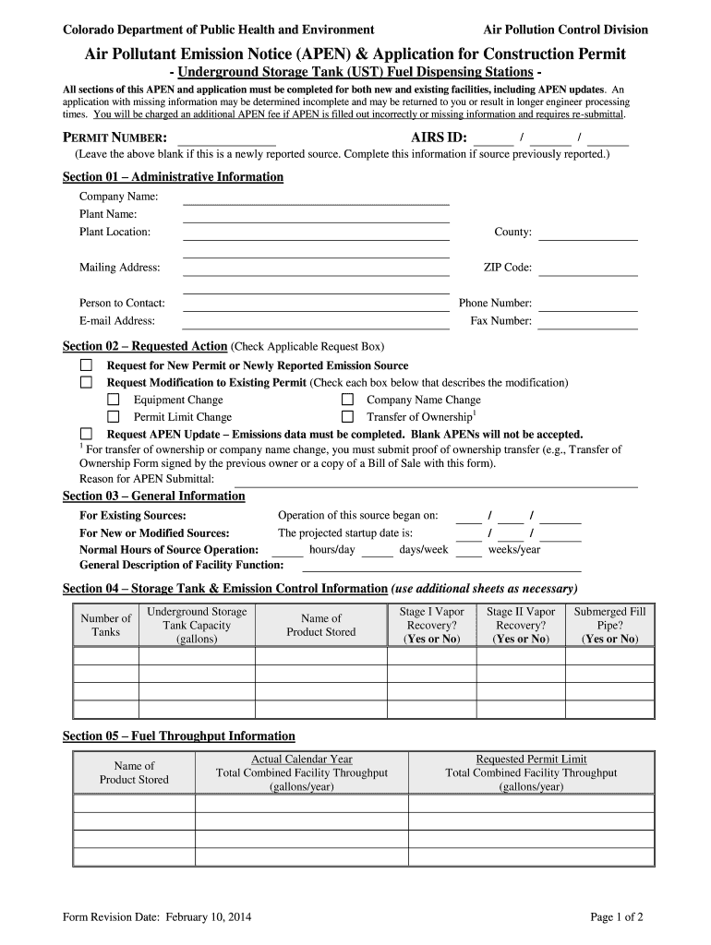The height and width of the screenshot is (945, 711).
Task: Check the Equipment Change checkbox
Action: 114,400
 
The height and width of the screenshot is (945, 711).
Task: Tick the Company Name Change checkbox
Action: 348,400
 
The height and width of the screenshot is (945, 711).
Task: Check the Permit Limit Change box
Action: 114,417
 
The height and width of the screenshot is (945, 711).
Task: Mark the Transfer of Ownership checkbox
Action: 348,417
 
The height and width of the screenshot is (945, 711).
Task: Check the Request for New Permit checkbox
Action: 87,365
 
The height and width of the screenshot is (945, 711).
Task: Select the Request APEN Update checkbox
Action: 87,434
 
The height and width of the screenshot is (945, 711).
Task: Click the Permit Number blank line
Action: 226,140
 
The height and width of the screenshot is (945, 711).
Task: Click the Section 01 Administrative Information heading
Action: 173,177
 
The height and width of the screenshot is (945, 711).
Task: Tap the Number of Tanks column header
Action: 106,625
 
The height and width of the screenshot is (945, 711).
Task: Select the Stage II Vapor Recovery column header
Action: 521,625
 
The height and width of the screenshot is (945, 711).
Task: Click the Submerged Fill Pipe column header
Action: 609,625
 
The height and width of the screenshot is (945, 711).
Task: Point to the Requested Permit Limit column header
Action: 531,772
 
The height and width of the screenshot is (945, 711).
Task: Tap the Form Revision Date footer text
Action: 157,917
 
